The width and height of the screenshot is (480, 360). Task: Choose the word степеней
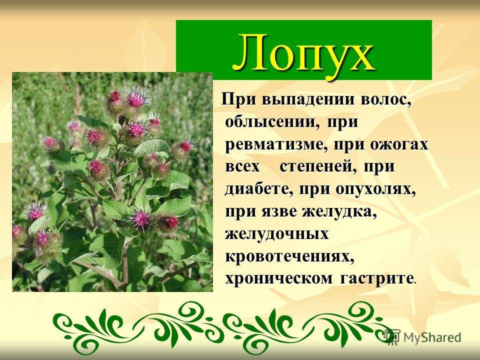pos(318,167)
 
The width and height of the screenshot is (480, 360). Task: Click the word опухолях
pos(375,189)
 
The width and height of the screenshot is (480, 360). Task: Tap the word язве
pos(279,212)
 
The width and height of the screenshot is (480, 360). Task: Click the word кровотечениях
pos(289,256)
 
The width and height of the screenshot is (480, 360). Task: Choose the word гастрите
pos(376,278)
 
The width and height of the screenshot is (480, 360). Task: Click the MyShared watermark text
pos(432,337)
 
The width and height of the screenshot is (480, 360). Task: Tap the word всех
pos(242,167)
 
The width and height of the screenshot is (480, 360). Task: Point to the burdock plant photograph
pos(112,182)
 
